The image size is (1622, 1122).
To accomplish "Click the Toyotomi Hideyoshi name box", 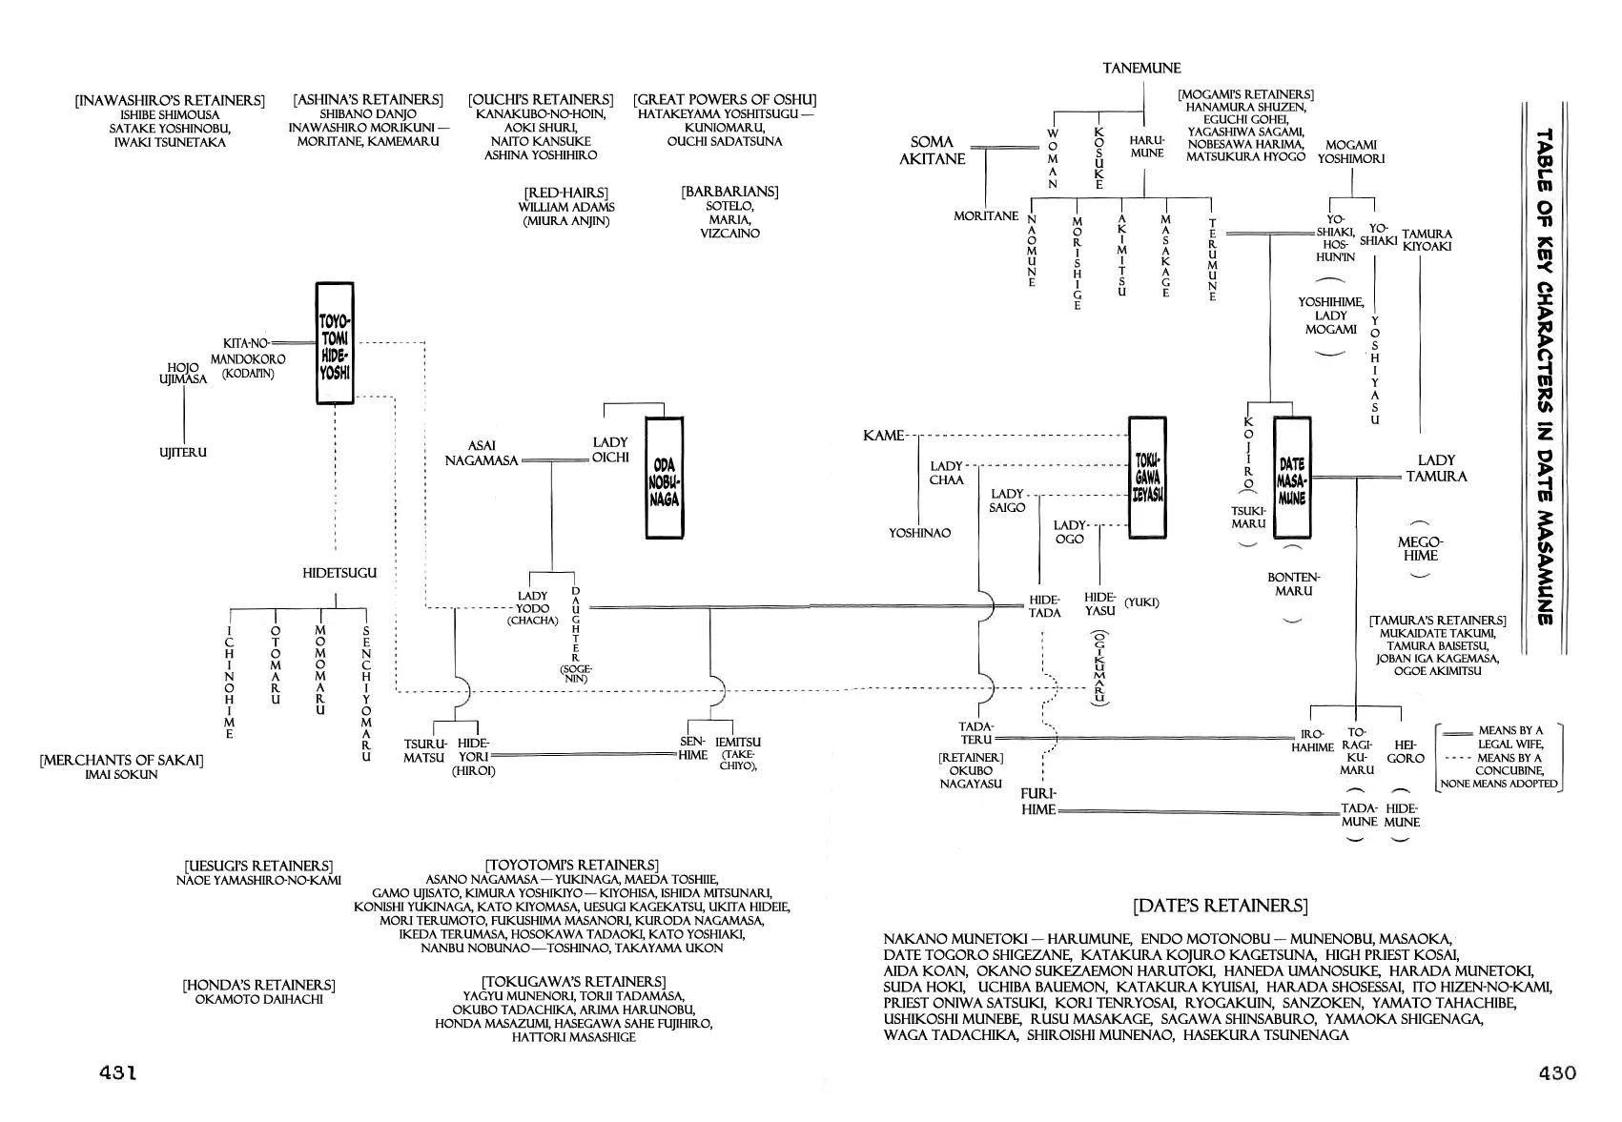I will (334, 342).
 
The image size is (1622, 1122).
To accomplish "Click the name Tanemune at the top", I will (1141, 69).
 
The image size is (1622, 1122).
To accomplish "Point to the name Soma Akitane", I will (932, 151).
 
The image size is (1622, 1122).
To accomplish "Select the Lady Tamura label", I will (1435, 468).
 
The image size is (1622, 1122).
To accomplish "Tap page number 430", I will (1557, 1072).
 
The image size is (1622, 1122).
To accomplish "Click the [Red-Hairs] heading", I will (565, 194).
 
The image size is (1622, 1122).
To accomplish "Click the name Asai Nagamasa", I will (482, 453).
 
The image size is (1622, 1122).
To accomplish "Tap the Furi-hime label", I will (1038, 802).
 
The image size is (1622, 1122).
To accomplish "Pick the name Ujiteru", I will (183, 452).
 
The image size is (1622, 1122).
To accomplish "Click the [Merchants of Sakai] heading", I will (121, 761).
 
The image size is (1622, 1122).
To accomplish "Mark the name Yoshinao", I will (920, 533).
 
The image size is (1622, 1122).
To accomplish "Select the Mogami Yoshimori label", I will (1351, 152).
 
